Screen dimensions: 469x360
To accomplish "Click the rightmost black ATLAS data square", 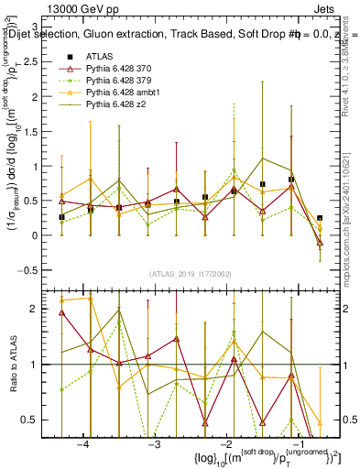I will (320, 218).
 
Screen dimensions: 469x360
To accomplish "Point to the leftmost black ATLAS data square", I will (61, 217).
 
